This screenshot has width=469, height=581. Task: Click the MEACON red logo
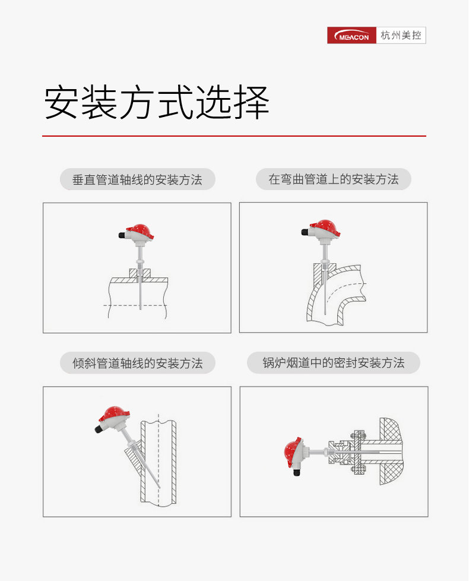(351, 36)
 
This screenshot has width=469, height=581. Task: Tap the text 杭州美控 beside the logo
(401, 36)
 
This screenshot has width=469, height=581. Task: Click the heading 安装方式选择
(157, 102)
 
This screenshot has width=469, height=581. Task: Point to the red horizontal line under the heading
(234, 136)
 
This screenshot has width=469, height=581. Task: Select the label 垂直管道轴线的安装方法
(137, 180)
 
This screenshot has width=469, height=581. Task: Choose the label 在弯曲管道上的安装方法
(334, 179)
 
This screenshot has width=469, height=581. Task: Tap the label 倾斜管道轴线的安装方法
(137, 363)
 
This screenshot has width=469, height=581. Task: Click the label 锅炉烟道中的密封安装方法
(334, 363)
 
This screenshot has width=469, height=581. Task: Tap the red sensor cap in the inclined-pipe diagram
(114, 413)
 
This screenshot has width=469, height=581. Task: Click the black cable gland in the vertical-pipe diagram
(122, 235)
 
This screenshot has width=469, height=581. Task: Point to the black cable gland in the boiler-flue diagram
(296, 472)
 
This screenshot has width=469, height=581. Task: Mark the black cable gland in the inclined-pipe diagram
(99, 429)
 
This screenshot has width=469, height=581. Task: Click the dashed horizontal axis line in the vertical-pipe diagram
(135, 306)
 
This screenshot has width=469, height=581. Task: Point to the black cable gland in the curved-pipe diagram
(305, 232)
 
